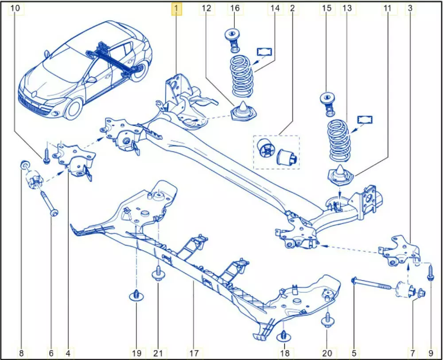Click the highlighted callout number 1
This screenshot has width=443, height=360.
click(176, 8)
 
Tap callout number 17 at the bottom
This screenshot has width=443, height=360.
click(194, 353)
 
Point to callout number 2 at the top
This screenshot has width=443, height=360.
click(292, 8)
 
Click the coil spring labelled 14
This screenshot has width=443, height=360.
click(241, 76)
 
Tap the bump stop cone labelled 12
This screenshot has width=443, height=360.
click(244, 111)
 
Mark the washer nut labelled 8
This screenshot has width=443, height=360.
click(25, 166)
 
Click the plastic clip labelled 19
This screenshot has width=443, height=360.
click(136, 295)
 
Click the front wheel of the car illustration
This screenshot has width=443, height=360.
click(74, 108)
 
